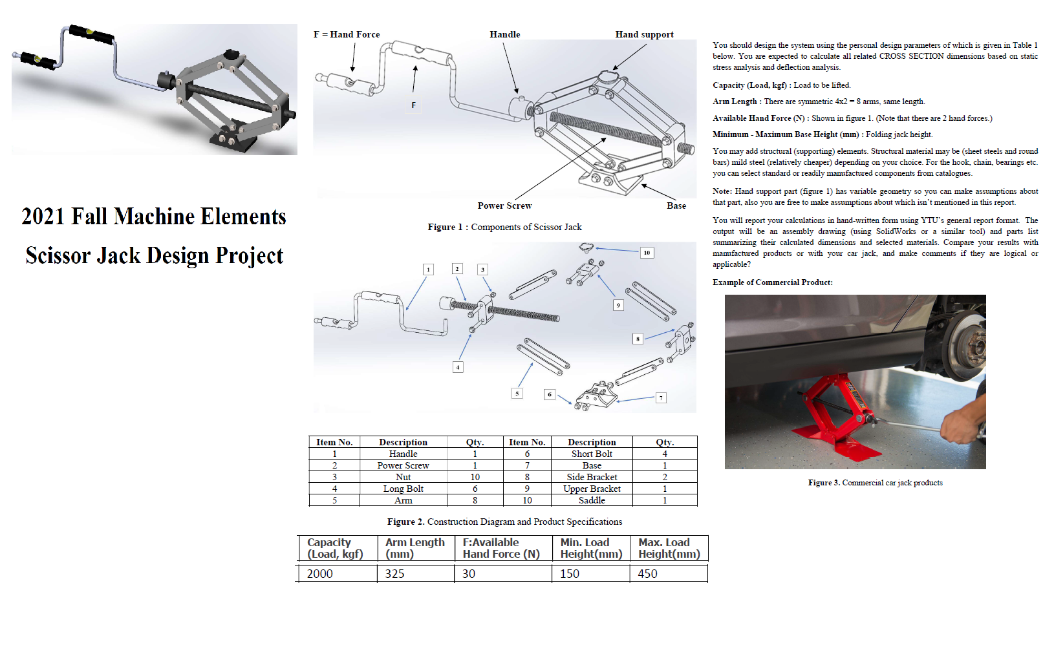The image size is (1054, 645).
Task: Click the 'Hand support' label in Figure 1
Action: pos(644,34)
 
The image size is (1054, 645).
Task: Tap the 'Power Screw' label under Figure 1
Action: pos(504,206)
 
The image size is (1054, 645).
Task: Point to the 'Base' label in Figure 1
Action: pos(676,206)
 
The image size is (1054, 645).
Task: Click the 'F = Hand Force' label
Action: pos(347,34)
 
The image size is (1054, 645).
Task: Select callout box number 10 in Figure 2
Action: pos(647,253)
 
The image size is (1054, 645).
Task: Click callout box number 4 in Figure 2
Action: pos(458,367)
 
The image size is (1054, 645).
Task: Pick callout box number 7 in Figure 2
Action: pos(661,398)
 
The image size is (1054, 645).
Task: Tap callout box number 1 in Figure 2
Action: pos(428,270)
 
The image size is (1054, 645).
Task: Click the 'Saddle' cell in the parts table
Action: pos(592,500)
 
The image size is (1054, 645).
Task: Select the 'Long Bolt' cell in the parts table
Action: pos(403,489)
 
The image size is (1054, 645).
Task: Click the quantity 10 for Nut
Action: pos(475,477)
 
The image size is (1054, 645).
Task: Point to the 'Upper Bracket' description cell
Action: pos(592,489)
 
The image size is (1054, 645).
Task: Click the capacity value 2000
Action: pos(320,574)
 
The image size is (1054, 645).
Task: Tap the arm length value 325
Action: pos(394,574)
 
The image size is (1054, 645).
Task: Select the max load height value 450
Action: pos(647,574)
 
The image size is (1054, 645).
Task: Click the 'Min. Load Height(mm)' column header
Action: pos(591,548)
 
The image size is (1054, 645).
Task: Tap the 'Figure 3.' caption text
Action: pos(823,483)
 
